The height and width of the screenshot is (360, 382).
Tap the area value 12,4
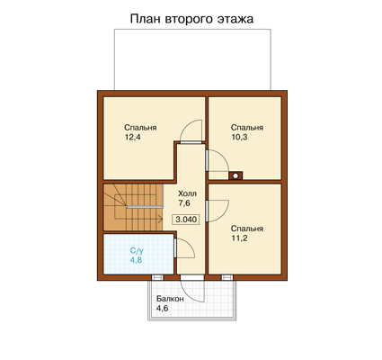(133, 138)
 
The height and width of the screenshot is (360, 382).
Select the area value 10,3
(239, 138)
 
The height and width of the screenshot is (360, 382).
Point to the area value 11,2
(239, 238)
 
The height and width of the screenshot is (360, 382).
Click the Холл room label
(187, 193)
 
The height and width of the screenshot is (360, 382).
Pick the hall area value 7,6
(184, 203)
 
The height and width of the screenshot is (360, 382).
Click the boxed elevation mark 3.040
(186, 220)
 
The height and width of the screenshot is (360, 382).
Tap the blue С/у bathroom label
(137, 250)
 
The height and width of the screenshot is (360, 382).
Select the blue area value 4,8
(136, 260)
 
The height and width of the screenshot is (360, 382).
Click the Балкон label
(170, 299)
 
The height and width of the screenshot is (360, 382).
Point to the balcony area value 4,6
(162, 308)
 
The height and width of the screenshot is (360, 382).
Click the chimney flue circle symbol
(235, 175)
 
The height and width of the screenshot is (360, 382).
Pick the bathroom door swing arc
(191, 244)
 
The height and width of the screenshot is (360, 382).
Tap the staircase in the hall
(133, 207)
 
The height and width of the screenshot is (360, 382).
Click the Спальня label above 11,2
(247, 229)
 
